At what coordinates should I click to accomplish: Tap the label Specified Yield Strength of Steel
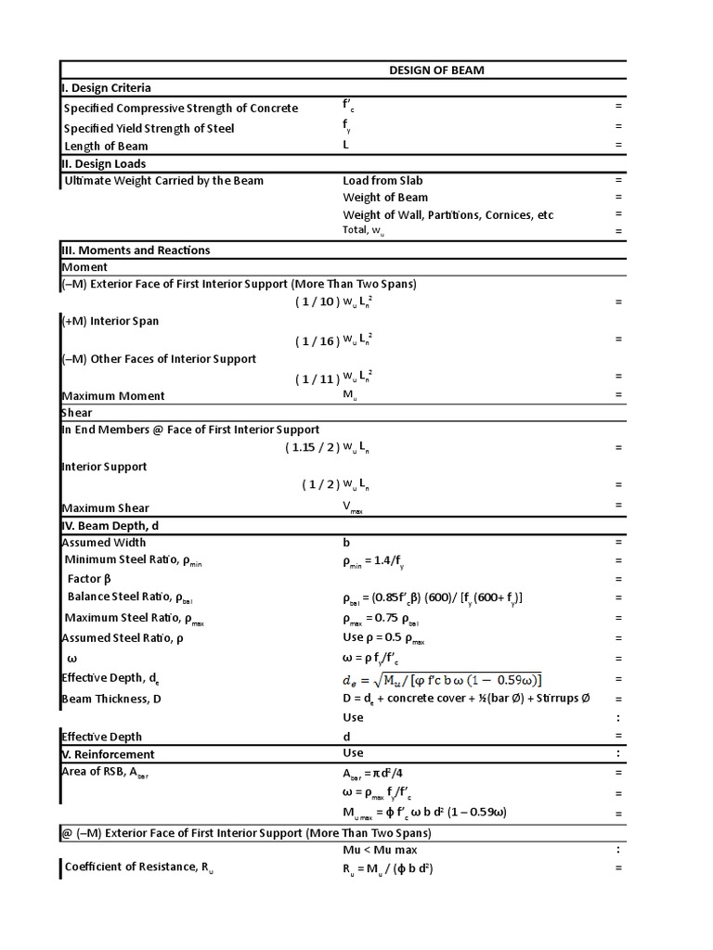(149, 129)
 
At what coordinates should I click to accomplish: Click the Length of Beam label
(106, 147)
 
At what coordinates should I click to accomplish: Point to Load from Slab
(382, 181)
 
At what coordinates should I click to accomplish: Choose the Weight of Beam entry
(385, 198)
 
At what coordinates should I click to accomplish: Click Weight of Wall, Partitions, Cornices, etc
(447, 215)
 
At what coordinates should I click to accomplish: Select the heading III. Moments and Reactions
(136, 250)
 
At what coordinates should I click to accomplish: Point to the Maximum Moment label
(112, 396)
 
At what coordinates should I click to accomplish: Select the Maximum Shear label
(105, 507)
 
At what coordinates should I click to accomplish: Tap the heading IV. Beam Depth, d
(116, 526)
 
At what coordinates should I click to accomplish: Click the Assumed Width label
(103, 543)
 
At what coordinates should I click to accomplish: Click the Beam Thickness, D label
(110, 699)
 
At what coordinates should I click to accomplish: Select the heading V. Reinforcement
(108, 754)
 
